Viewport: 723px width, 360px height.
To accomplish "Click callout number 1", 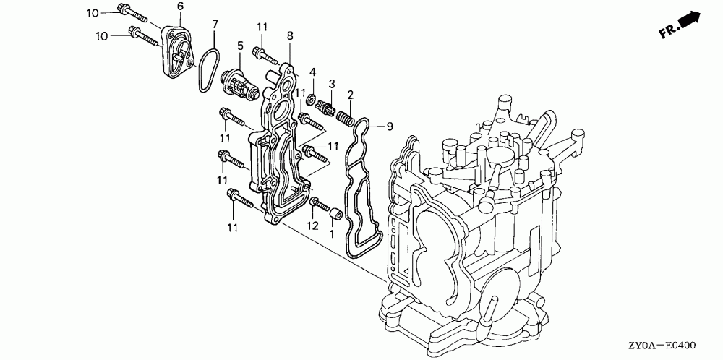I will click(333, 234).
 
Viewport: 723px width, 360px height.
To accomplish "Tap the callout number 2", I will click(350, 95).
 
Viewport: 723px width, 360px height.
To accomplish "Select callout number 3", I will click(332, 83).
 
